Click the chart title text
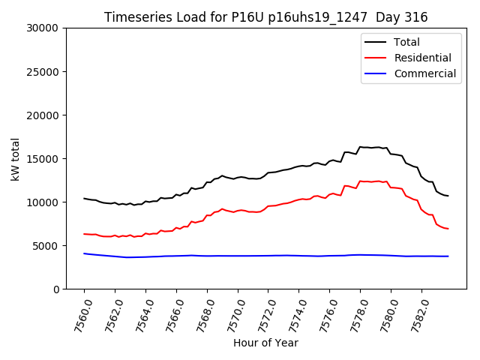click(265, 17)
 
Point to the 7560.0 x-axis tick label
click(78, 315)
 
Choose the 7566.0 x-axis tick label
click(170, 315)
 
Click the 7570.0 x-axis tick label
click(232, 315)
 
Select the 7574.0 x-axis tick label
click(293, 315)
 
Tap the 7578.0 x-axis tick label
click(354, 315)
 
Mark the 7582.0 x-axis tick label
click(415, 315)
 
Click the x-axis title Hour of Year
click(265, 343)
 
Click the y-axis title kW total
click(15, 158)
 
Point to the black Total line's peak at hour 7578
click(360, 147)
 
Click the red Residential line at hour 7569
click(222, 208)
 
